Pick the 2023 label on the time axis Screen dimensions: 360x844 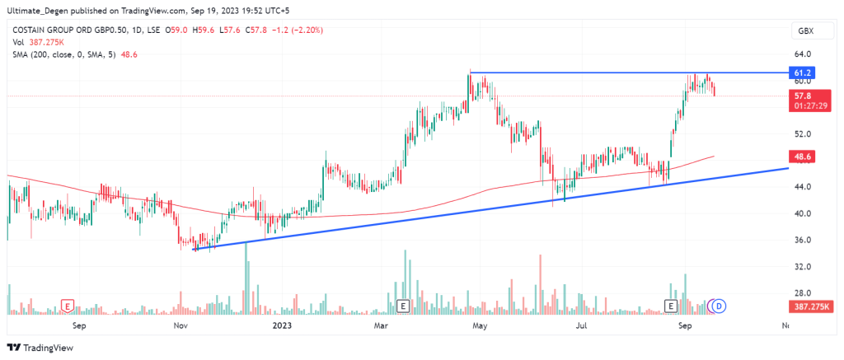coord(281,325)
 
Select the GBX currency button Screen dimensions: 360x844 coord(804,30)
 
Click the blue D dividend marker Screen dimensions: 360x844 coord(719,306)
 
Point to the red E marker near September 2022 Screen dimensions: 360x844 coord(67,306)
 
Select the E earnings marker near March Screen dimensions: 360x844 coord(403,306)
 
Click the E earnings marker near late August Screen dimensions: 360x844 coord(672,306)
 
